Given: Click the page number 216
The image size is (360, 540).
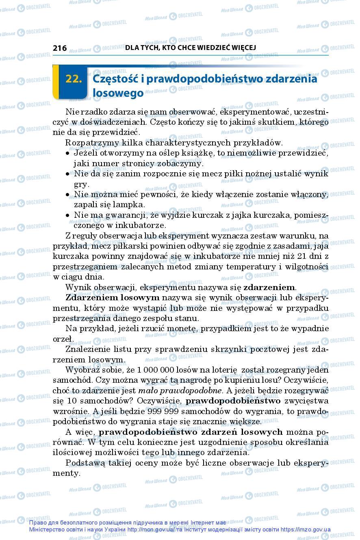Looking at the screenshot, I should (60, 48).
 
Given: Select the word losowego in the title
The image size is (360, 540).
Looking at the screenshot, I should (118, 93).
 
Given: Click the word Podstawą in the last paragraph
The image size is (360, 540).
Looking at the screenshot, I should (86, 463).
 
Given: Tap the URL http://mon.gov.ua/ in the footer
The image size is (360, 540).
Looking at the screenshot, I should (151, 530).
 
